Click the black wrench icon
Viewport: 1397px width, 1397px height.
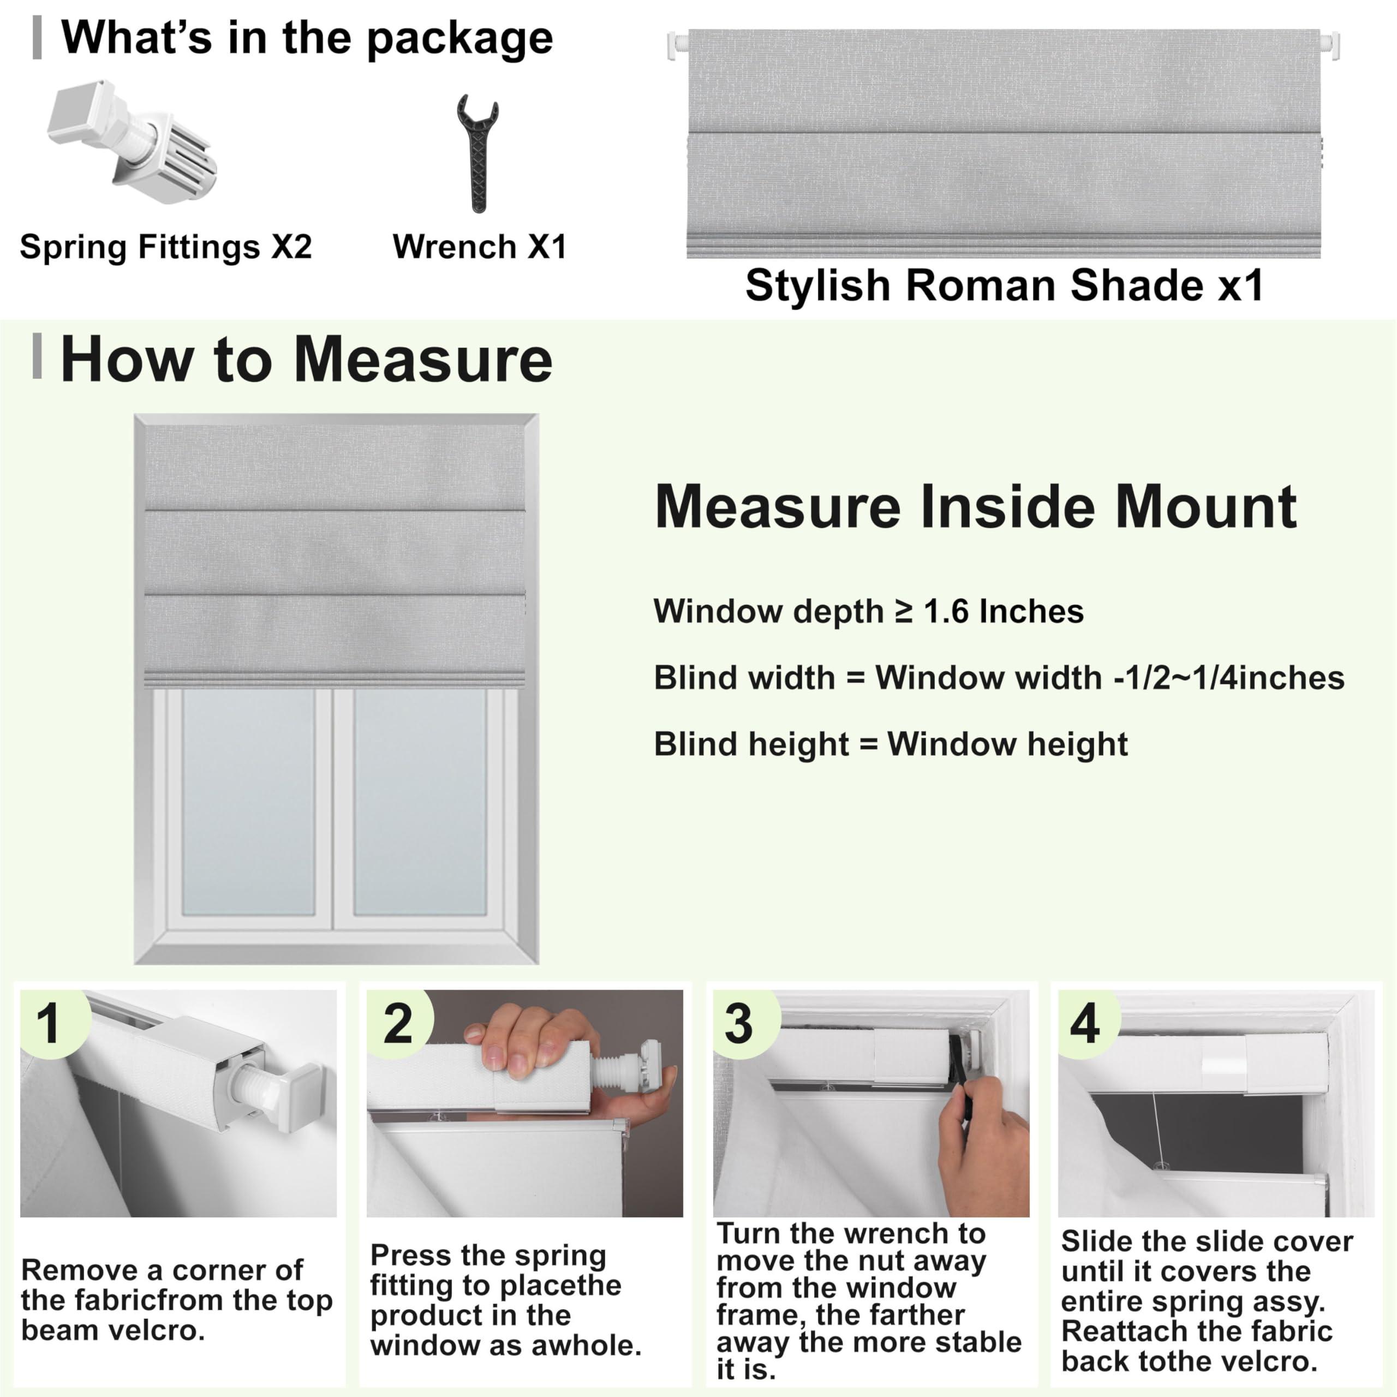tap(477, 153)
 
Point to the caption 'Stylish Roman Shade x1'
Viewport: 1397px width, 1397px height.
tap(1004, 285)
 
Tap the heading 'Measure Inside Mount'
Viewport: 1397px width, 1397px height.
tap(975, 507)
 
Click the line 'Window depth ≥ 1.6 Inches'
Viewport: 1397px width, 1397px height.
tap(868, 612)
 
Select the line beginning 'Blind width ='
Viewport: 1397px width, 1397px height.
tap(999, 678)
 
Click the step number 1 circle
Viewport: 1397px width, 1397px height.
tap(49, 1024)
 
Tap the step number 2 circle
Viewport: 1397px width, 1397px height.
tap(398, 1024)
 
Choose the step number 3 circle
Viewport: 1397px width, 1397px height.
tap(738, 1024)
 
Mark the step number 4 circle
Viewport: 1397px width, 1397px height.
tap(1085, 1024)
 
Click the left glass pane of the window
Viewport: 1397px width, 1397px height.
tap(248, 803)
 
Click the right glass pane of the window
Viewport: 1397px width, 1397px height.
tap(420, 803)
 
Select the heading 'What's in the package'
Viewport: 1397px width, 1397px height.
tap(307, 38)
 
